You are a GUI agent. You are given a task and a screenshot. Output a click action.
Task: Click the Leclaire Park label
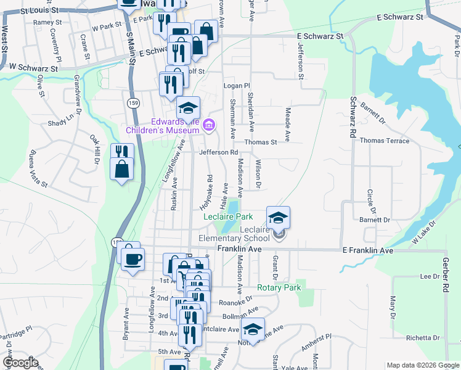[x=228, y=216]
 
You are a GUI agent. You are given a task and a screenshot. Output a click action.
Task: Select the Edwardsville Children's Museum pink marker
[x=209, y=126]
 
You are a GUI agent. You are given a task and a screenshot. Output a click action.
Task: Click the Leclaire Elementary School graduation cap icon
[x=278, y=216]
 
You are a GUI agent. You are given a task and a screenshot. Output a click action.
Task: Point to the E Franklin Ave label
[x=367, y=251]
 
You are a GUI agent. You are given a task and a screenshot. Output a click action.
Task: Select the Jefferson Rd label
[x=218, y=152]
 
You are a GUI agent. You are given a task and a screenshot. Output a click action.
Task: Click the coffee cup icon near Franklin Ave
[x=132, y=258]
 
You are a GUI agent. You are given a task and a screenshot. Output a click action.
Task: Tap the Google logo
[x=20, y=363]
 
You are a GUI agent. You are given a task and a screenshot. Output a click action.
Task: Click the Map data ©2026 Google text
[x=422, y=365]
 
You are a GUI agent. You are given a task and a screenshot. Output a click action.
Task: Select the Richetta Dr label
[x=422, y=339]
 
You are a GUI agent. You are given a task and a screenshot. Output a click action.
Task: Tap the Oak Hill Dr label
[x=96, y=150]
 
